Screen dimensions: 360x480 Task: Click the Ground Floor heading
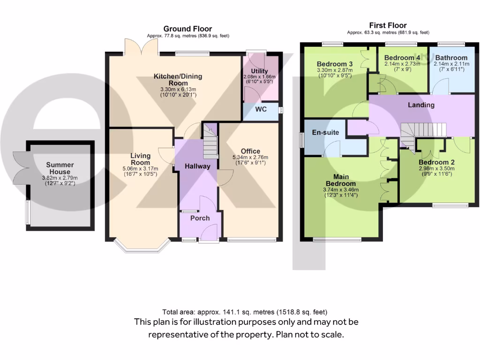click(x=187, y=29)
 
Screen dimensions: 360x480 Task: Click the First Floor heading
click(x=388, y=25)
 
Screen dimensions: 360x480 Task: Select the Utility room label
click(x=259, y=71)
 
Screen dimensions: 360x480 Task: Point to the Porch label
click(x=200, y=218)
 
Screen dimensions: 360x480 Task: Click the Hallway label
click(x=197, y=166)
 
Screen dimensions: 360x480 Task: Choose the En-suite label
click(x=325, y=133)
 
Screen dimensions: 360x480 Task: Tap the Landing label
click(x=421, y=105)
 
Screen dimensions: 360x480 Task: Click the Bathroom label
click(x=451, y=58)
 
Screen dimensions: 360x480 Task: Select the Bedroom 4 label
click(x=399, y=58)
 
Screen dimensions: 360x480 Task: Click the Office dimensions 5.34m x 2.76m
click(x=250, y=157)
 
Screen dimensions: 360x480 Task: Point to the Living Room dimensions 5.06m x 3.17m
click(x=140, y=169)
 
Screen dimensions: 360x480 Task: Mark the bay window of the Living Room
click(x=142, y=247)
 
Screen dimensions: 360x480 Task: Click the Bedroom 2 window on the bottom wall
click(x=450, y=205)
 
